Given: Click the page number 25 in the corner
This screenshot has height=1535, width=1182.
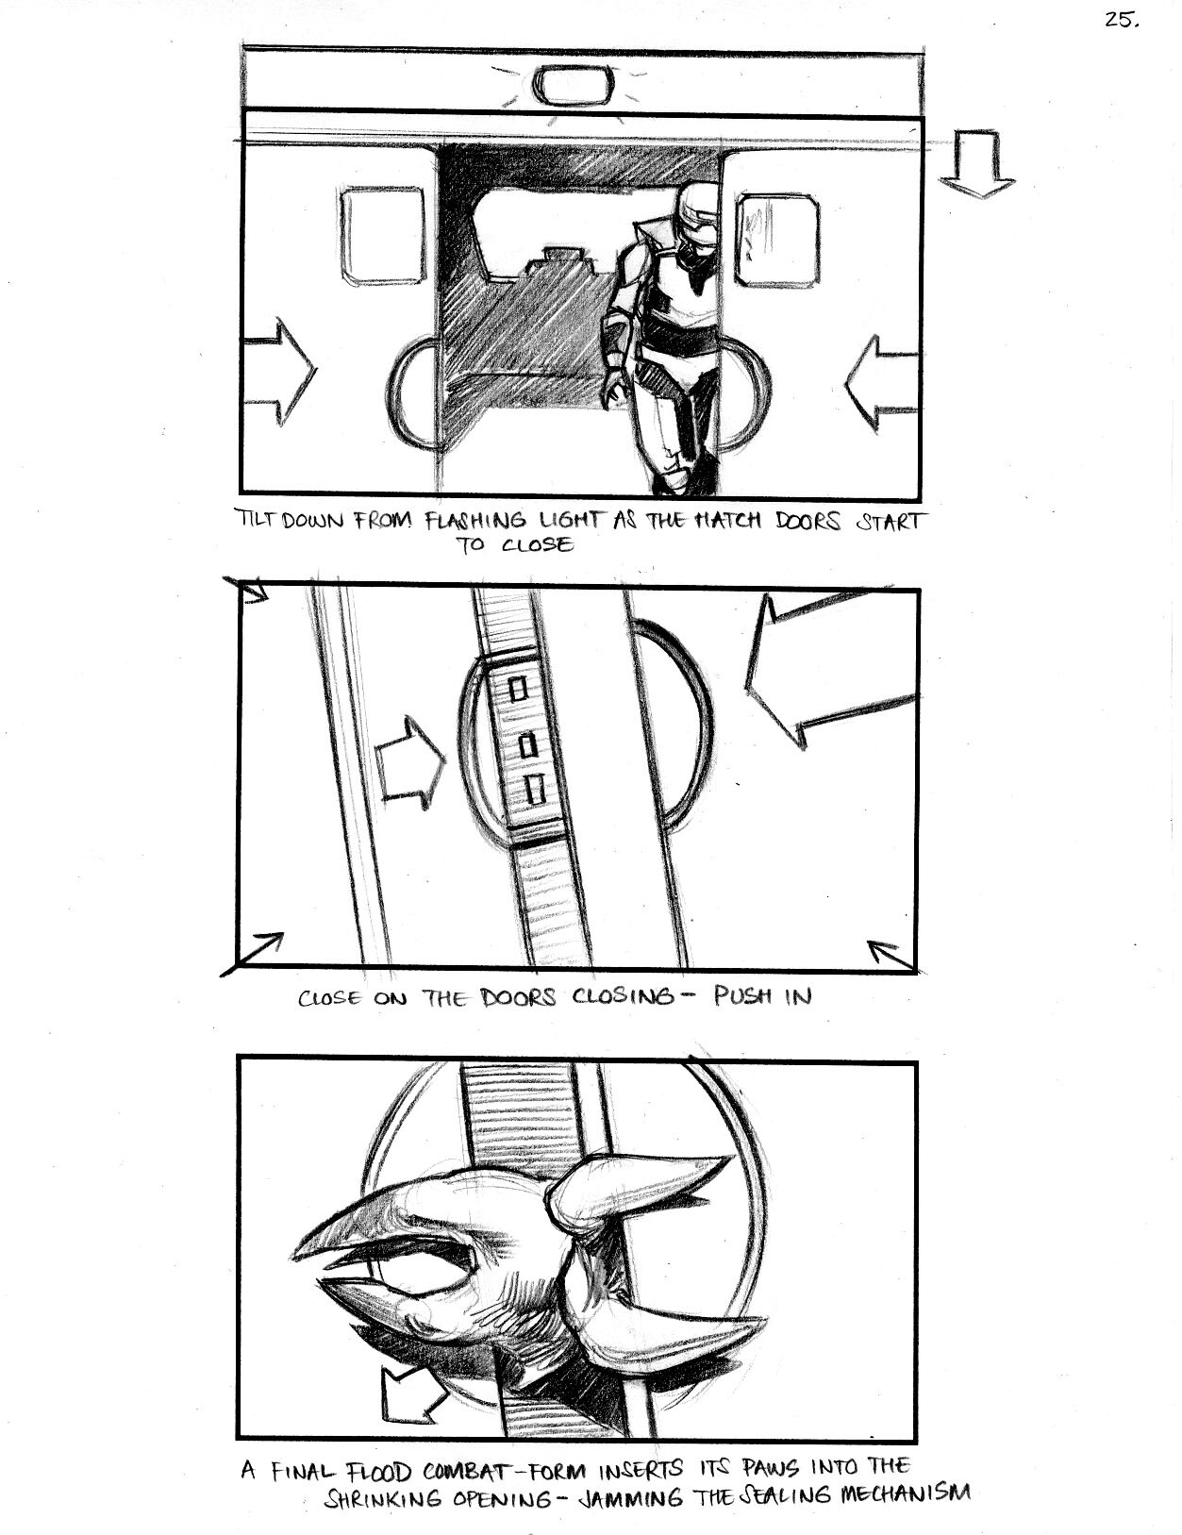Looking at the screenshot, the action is (x=1121, y=21).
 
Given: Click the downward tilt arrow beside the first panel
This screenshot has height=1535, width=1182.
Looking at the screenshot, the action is (x=976, y=163).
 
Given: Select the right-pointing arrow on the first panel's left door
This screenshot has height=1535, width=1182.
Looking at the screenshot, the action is (x=278, y=371).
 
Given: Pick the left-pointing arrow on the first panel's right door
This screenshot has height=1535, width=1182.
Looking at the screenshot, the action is (x=882, y=383).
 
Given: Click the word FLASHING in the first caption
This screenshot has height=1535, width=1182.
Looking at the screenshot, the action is (x=475, y=521).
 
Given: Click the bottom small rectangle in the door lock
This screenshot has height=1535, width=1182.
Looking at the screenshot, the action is (x=538, y=789).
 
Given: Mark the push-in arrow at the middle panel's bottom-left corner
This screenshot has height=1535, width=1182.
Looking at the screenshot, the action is (x=252, y=955).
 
